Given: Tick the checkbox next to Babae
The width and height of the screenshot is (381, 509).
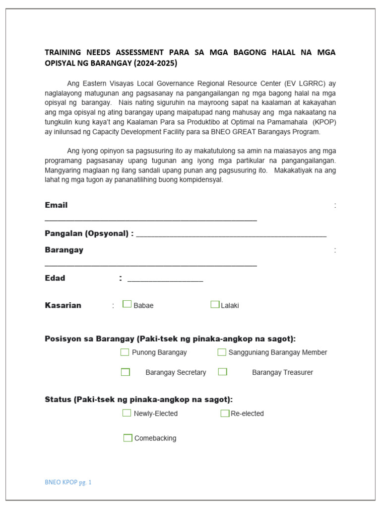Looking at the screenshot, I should (127, 304).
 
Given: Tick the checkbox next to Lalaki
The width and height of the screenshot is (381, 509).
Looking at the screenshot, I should (215, 304).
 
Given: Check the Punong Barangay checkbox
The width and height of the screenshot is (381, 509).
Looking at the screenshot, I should (125, 352).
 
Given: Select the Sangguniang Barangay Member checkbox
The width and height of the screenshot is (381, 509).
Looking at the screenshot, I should (222, 352).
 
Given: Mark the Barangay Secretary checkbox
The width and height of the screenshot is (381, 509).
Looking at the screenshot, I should (126, 372).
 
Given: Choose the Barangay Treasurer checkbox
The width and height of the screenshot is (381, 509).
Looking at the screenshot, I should (223, 372).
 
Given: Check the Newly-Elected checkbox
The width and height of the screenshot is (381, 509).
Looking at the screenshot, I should (127, 413).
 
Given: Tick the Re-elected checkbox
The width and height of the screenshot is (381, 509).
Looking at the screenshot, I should (225, 413).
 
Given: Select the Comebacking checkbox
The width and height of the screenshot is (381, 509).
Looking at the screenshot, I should (128, 438).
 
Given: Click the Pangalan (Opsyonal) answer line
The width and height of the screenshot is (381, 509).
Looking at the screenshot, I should (231, 235).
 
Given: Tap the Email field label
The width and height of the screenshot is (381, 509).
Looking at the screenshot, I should (56, 205).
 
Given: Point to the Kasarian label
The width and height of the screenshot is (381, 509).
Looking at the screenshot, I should (63, 305).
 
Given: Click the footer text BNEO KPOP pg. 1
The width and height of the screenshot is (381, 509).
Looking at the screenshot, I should (68, 482).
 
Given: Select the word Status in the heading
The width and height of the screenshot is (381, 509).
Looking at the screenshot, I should (57, 400).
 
